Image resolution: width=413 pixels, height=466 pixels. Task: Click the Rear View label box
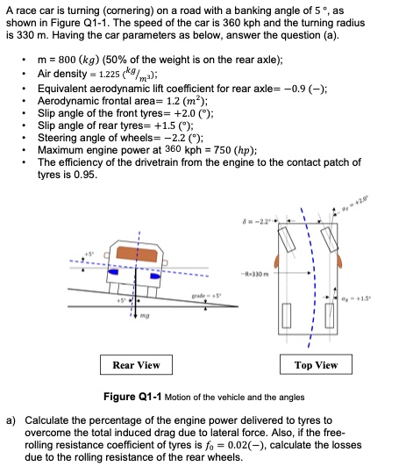137,365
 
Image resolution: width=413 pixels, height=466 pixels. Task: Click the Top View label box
317,365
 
